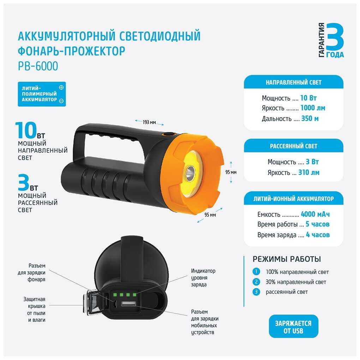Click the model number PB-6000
pyautogui.click(x=38, y=66)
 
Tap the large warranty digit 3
pyautogui.click(x=335, y=37)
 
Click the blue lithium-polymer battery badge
pyautogui.click(x=42, y=94)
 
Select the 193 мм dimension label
pyautogui.click(x=149, y=122)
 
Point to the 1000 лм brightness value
pyautogui.click(x=313, y=108)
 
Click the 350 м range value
pyautogui.click(x=310, y=119)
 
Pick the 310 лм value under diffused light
pyautogui.click(x=309, y=173)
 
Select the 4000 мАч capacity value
pyautogui.click(x=315, y=214)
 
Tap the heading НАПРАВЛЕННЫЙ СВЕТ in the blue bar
pyautogui.click(x=293, y=82)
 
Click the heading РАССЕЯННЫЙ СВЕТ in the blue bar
pyautogui.click(x=293, y=146)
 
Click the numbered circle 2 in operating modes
pyautogui.click(x=256, y=282)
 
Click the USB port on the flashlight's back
pyautogui.click(x=128, y=305)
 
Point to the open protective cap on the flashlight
pyautogui.click(x=93, y=303)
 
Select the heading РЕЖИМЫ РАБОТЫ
pyautogui.click(x=287, y=259)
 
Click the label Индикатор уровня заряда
pyautogui.click(x=203, y=277)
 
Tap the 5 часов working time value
pyautogui.click(x=318, y=224)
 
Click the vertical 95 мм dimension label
pyautogui.click(x=231, y=172)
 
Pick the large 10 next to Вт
pyautogui.click(x=26, y=130)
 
